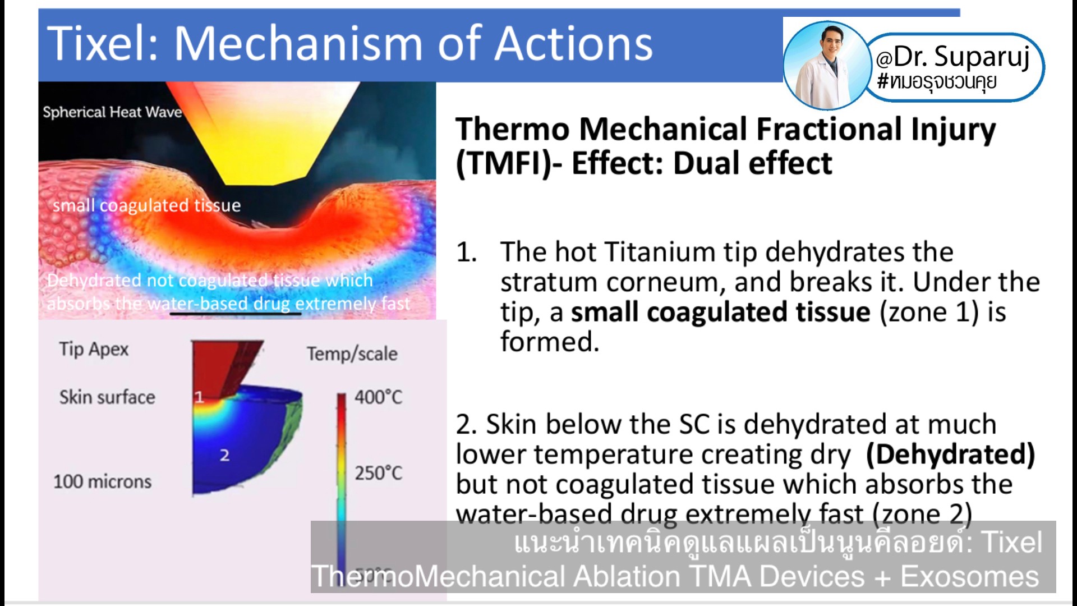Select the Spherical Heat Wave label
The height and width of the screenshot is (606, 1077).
pyautogui.click(x=112, y=112)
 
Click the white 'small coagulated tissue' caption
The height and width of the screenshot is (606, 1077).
pyautogui.click(x=146, y=205)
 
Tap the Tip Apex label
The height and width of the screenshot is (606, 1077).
pyautogui.click(x=94, y=349)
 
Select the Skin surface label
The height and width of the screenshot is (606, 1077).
pyautogui.click(x=107, y=397)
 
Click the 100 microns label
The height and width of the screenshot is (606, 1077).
pyautogui.click(x=102, y=481)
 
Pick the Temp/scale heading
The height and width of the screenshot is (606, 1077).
pyautogui.click(x=352, y=354)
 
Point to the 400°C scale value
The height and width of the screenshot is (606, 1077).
pyautogui.click(x=378, y=397)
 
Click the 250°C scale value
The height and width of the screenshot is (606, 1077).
pyautogui.click(x=378, y=473)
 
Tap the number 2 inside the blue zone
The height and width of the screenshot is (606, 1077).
pyautogui.click(x=224, y=455)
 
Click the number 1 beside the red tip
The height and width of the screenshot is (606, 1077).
pyautogui.click(x=199, y=397)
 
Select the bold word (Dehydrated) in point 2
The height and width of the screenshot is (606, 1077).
pyautogui.click(x=950, y=454)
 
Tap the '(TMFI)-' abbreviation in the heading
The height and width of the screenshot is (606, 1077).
pyautogui.click(x=508, y=164)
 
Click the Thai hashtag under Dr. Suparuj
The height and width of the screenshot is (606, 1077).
pyautogui.click(x=937, y=82)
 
